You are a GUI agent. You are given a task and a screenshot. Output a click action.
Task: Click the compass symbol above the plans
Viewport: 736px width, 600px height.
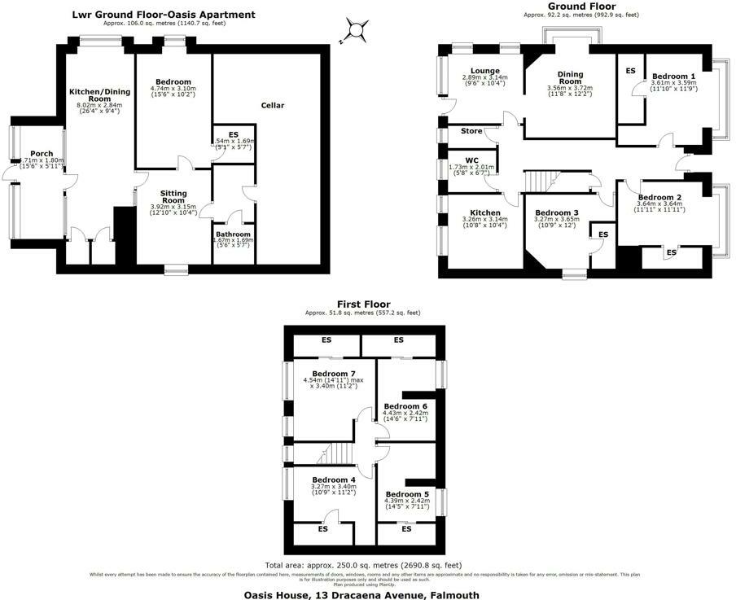(356, 32)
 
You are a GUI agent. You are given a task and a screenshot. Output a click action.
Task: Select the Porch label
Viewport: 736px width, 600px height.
(41, 153)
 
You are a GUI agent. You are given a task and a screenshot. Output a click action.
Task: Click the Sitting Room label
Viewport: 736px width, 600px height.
(173, 196)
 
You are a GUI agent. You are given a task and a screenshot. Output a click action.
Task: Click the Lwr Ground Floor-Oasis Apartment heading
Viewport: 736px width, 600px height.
(163, 15)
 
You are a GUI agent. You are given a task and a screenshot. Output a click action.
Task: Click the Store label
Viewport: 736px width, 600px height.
(471, 131)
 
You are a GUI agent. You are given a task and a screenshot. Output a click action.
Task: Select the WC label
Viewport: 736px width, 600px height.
(471, 160)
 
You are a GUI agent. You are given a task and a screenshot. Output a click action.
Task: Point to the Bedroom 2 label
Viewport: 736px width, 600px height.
(659, 197)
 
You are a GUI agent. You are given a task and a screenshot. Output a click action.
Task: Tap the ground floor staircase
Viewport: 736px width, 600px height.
(541, 181)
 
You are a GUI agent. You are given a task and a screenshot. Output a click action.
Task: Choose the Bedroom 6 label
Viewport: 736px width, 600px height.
(405, 405)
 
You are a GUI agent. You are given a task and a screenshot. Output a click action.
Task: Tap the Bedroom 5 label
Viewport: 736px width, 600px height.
(406, 494)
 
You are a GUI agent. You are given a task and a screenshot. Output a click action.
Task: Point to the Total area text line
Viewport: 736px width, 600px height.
(363, 565)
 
